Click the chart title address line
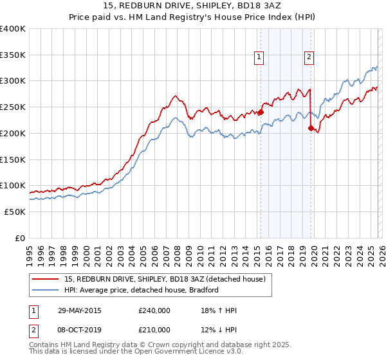point(193,6)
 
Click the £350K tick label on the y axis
point(13,55)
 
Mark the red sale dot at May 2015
point(261,112)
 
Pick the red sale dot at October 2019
point(311,128)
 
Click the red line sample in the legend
point(46,278)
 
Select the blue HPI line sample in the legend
point(46,290)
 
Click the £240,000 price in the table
point(154,310)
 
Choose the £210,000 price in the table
point(154,330)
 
